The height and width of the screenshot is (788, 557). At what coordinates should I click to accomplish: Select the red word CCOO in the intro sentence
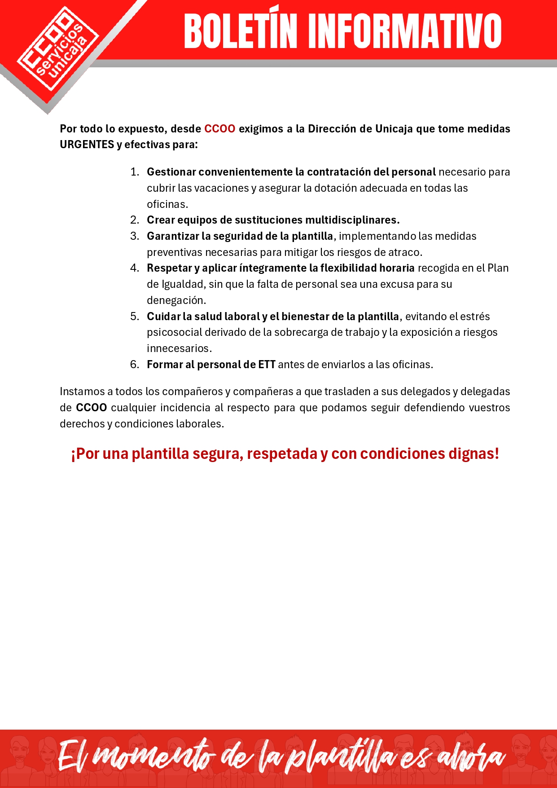pos(219,129)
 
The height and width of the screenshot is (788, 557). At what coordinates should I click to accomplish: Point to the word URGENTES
pos(87,145)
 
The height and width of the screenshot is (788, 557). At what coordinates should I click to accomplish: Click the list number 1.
pos(134,172)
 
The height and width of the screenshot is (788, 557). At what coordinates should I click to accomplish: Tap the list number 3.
pos(134,236)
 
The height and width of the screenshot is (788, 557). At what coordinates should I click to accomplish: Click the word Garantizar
pos(173,236)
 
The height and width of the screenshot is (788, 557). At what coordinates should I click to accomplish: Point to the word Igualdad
pos(182,284)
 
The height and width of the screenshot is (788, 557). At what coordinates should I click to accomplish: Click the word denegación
pos(175,300)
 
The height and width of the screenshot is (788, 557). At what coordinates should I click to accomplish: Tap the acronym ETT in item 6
pos(267,365)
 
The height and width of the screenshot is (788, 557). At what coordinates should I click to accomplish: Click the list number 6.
pos(134,365)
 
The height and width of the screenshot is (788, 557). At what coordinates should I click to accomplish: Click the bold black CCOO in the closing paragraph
pos(91,408)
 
